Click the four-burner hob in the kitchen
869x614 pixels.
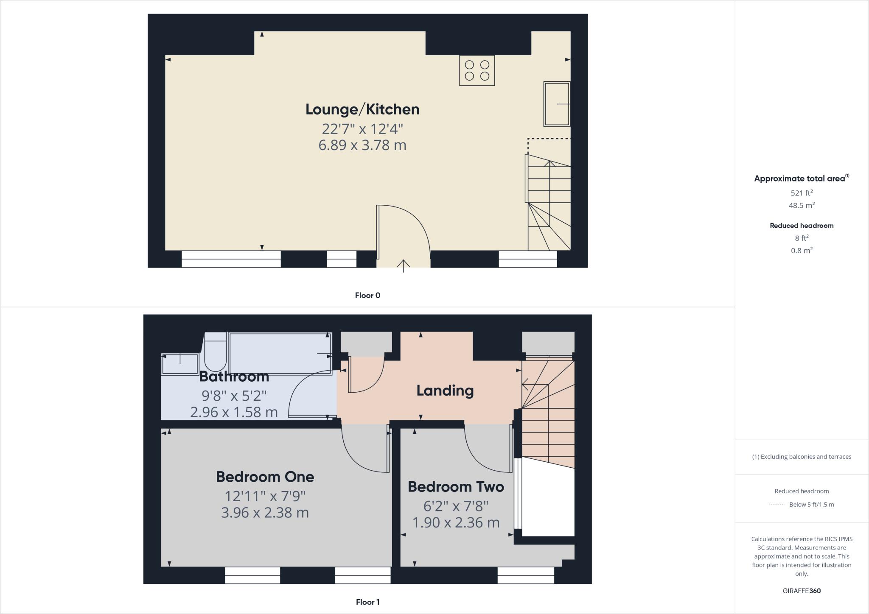tap(477, 70)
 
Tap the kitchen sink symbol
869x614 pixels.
tap(557, 104)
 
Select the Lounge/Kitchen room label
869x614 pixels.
tap(362, 109)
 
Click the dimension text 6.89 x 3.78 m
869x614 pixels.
tap(362, 145)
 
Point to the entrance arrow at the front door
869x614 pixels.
tap(403, 265)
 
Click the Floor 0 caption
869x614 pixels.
tap(367, 296)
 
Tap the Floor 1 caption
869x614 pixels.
tap(367, 602)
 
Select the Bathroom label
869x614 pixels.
tap(234, 377)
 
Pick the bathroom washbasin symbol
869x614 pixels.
tap(180, 364)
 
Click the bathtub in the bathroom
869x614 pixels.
tap(280, 353)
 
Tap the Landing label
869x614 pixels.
tap(445, 391)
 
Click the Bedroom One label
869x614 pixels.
tap(265, 477)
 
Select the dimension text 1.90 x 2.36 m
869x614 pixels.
tap(456, 522)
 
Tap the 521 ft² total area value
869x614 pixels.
tap(802, 193)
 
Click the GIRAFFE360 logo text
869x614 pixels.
tap(802, 591)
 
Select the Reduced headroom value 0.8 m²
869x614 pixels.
tap(802, 251)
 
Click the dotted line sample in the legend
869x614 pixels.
tap(776, 505)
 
